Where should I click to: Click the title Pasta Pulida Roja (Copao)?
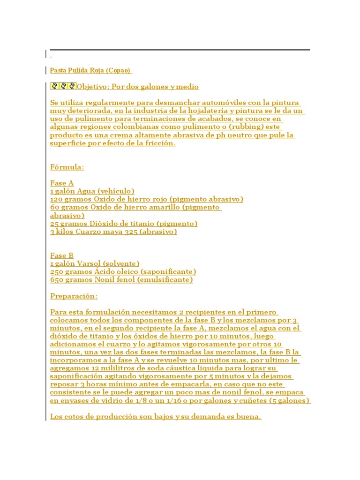(x=90, y=70)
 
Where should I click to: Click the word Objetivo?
(x=92, y=87)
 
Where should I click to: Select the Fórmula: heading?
(x=67, y=167)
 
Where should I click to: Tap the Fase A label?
(x=62, y=183)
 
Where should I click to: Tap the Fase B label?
(x=62, y=255)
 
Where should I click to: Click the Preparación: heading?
(x=74, y=296)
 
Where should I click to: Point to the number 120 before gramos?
(x=57, y=199)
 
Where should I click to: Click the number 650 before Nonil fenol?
(x=57, y=280)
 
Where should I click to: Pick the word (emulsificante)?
(x=167, y=280)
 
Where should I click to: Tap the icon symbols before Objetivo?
(x=63, y=86)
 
